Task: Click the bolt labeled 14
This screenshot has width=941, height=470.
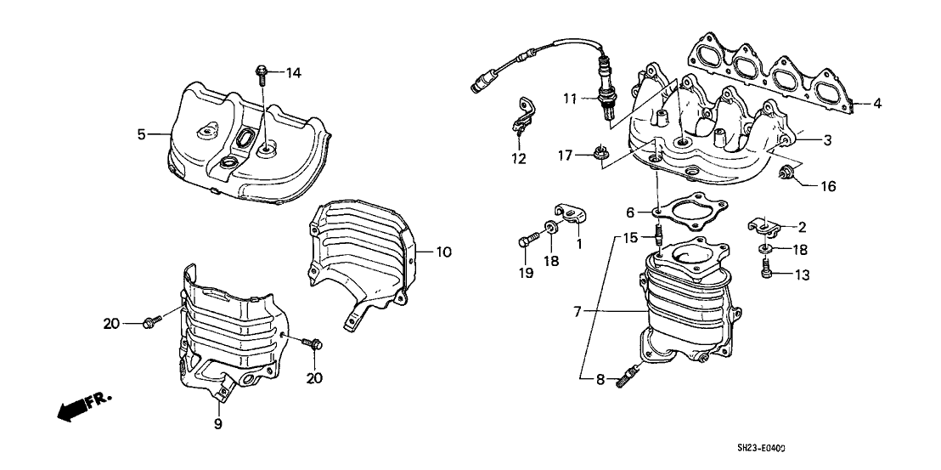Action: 261,76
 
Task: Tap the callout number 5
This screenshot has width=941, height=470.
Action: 142,133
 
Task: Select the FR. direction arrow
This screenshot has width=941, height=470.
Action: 81,409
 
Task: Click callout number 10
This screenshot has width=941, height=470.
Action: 445,252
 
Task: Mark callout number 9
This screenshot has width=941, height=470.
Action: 217,423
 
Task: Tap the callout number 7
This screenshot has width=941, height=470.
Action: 578,313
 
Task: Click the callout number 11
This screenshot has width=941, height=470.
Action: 568,99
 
